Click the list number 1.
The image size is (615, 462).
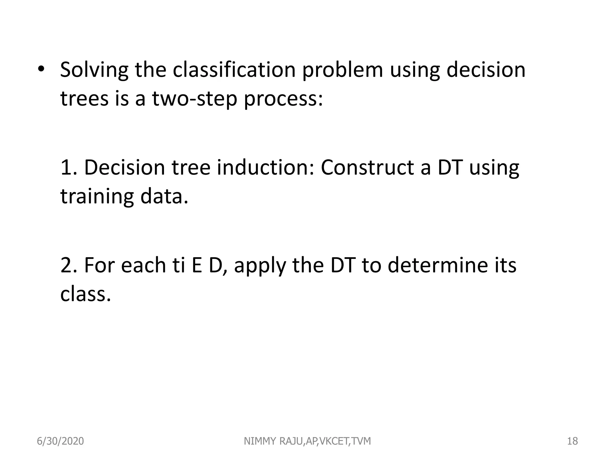[x=68, y=167]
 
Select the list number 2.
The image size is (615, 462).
[x=68, y=265]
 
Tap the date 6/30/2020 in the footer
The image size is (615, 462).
[x=60, y=441]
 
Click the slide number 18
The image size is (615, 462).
[x=572, y=441]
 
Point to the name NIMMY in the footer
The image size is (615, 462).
[x=260, y=441]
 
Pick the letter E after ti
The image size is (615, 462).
[x=197, y=265]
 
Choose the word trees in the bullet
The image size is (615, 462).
[x=84, y=99]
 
